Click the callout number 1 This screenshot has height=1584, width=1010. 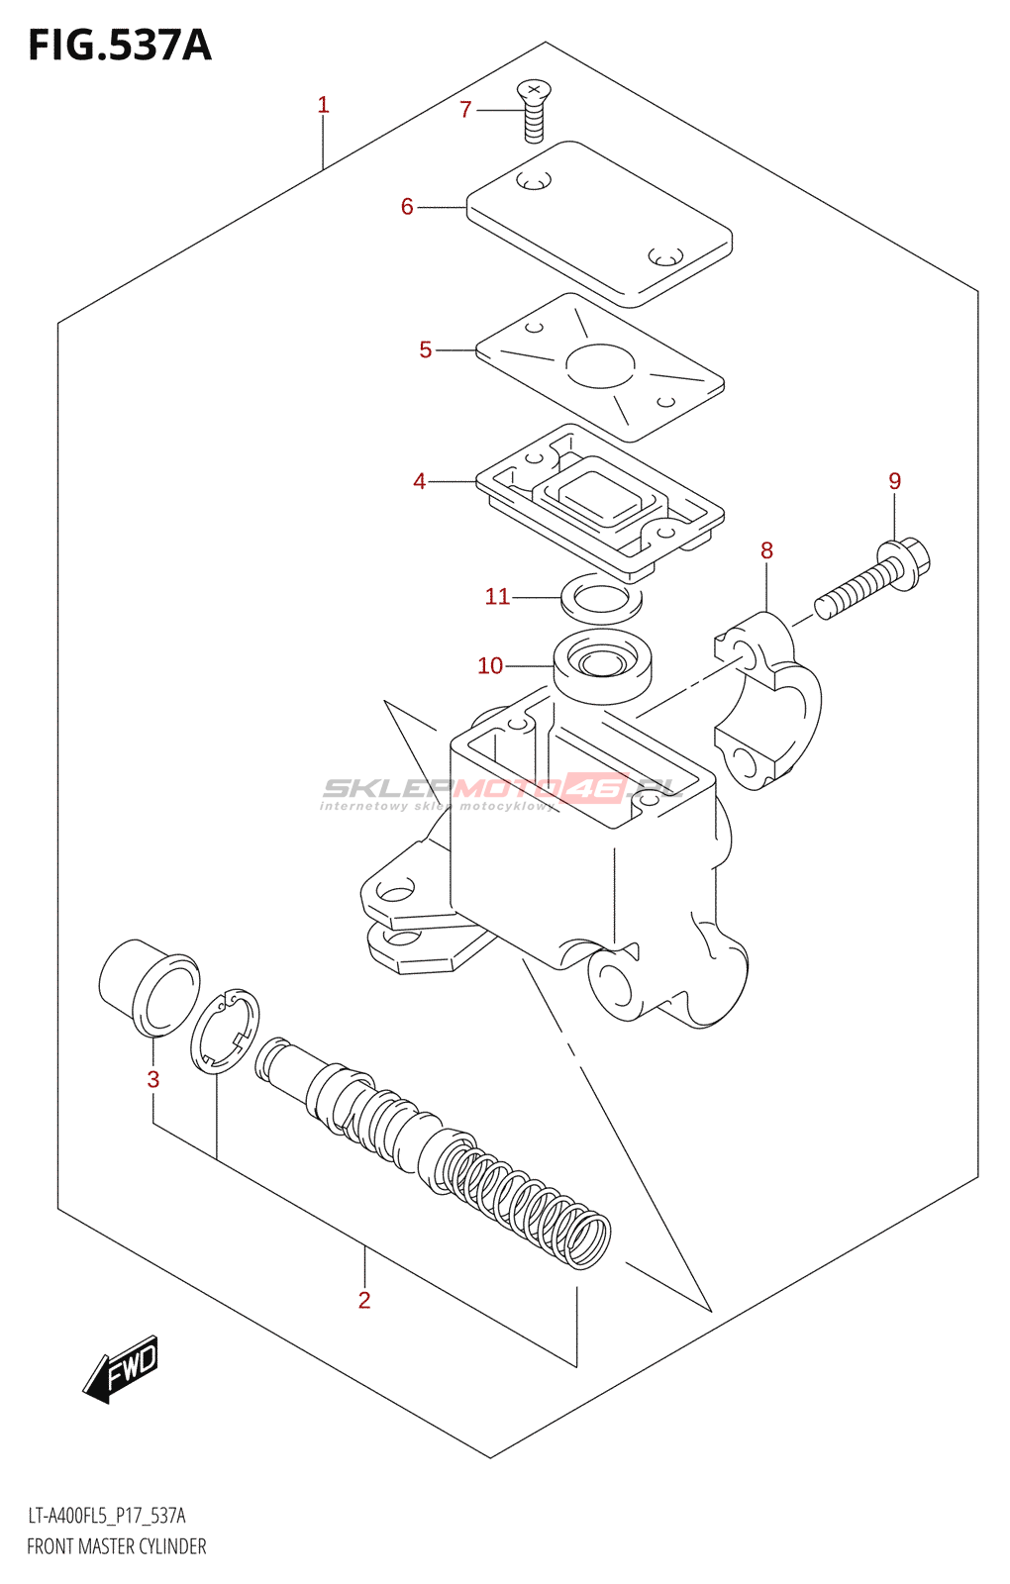pos(323,105)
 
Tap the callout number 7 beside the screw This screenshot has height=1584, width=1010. pos(466,110)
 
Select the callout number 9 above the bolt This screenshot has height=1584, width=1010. pos(894,481)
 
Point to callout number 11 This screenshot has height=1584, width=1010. pos(497,596)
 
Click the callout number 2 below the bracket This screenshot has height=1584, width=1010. pos(364,1300)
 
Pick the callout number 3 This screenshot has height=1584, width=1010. pos(153,1079)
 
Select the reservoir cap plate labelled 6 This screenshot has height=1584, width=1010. pos(599,223)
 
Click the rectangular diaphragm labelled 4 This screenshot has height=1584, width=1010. pos(600,500)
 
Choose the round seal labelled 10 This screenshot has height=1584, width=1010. pos(602,664)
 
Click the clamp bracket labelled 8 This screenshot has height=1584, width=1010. pos(768,699)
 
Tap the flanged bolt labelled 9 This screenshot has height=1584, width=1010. pos(872,578)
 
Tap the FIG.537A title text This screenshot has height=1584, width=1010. pos(120,46)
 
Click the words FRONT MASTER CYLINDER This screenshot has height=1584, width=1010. pos(117,1546)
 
